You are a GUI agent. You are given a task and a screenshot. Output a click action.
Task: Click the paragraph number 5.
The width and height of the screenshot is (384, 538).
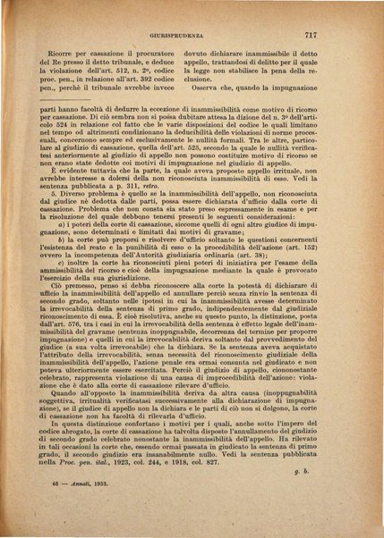pyautogui.click(x=55, y=192)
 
